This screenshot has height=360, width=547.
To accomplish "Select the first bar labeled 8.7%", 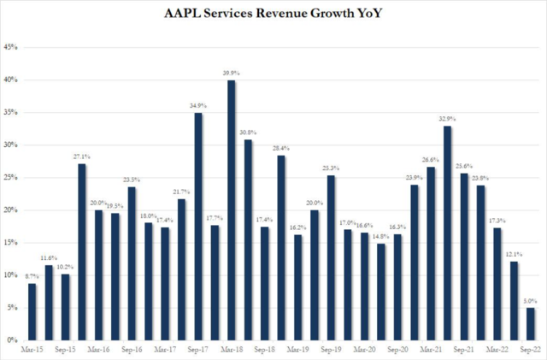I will [32, 311].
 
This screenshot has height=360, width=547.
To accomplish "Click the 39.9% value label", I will [232, 74].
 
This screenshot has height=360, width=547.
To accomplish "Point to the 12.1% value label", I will [514, 255].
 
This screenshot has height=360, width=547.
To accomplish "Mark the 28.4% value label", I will [281, 149].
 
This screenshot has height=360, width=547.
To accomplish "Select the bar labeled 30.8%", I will [248, 239].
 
